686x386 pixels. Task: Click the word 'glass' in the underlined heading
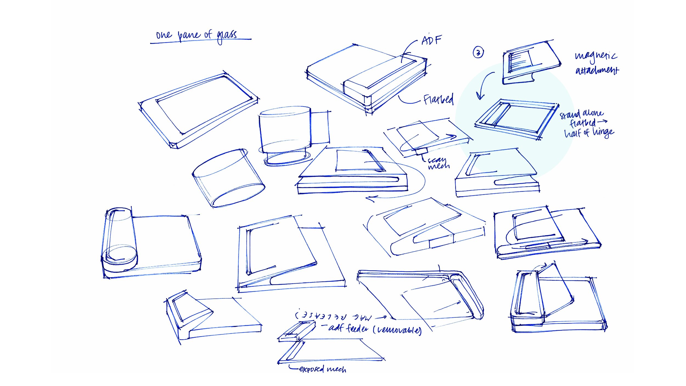pyautogui.click(x=226, y=36)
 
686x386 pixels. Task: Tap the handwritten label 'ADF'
pyautogui.click(x=431, y=41)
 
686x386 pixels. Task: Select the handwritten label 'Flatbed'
pyautogui.click(x=438, y=99)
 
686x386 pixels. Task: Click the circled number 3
pyautogui.click(x=478, y=52)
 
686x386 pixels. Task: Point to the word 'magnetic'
pyautogui.click(x=596, y=56)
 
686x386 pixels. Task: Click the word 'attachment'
pyautogui.click(x=597, y=71)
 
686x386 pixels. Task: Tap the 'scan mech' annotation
pyautogui.click(x=438, y=163)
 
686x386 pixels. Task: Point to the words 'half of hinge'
pyautogui.click(x=589, y=133)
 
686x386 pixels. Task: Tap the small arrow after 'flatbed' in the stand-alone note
pyautogui.click(x=602, y=121)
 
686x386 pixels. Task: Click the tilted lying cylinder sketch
pyautogui.click(x=228, y=178)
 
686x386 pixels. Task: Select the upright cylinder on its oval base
pyautogui.click(x=285, y=132)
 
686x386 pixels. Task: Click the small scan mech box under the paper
pyautogui.click(x=421, y=151)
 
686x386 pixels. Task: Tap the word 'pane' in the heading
pyautogui.click(x=189, y=35)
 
